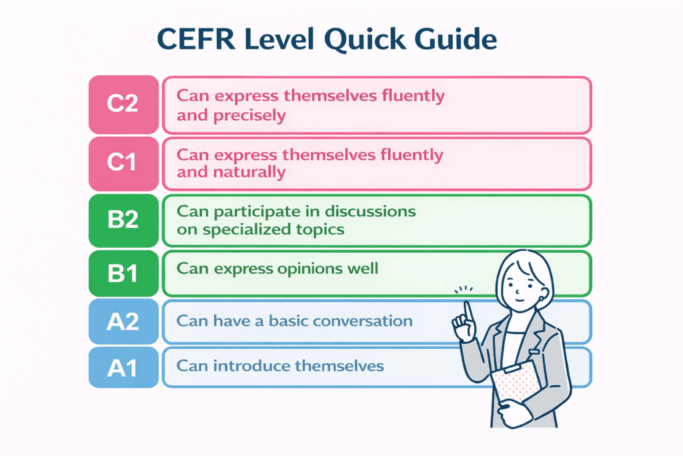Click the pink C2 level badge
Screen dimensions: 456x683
pyautogui.click(x=123, y=105)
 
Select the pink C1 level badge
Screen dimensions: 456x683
pyautogui.click(x=123, y=163)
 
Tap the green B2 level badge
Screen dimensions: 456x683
pyautogui.click(x=123, y=220)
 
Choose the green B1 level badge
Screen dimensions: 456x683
pyautogui.click(x=123, y=274)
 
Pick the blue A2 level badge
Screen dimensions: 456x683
pyautogui.click(x=123, y=322)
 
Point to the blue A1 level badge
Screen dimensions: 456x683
pyautogui.click(x=123, y=367)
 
